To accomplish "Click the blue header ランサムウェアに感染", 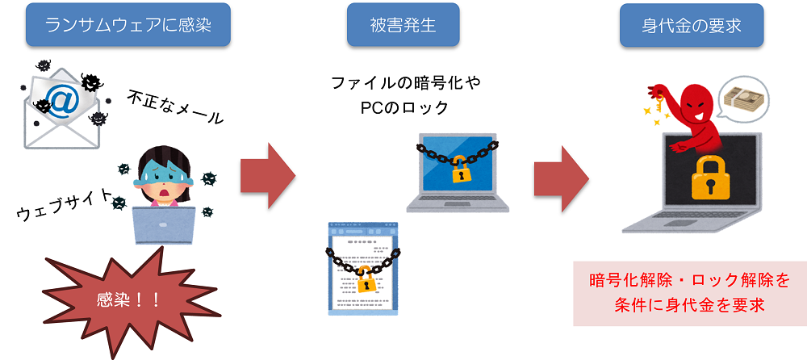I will (x=128, y=26).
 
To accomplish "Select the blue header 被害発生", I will (x=403, y=26).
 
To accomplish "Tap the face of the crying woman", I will (x=165, y=178).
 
